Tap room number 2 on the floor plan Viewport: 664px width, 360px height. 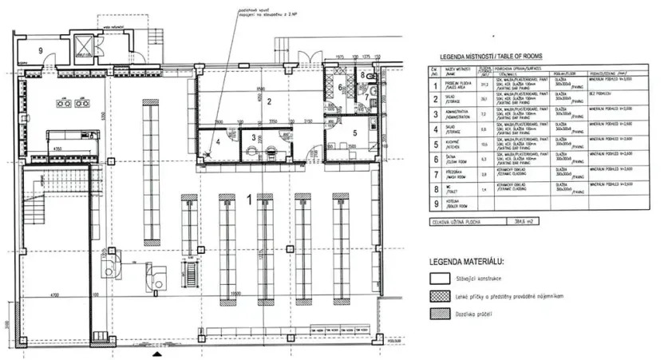pyautogui.click(x=270, y=101)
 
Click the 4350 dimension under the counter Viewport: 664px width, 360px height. pyautogui.click(x=57, y=149)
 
